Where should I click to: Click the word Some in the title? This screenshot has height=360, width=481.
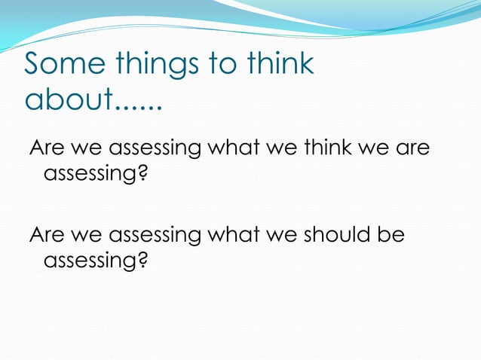63,65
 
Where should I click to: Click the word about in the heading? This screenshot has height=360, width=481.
69,99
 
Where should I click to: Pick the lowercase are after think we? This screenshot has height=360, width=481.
412,148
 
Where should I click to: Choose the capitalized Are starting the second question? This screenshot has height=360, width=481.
46,236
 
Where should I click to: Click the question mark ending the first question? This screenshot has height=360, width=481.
142,176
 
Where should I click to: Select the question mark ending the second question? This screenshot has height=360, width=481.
142,264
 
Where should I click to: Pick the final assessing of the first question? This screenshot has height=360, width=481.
90,177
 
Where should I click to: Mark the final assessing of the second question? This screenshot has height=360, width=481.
90,264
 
